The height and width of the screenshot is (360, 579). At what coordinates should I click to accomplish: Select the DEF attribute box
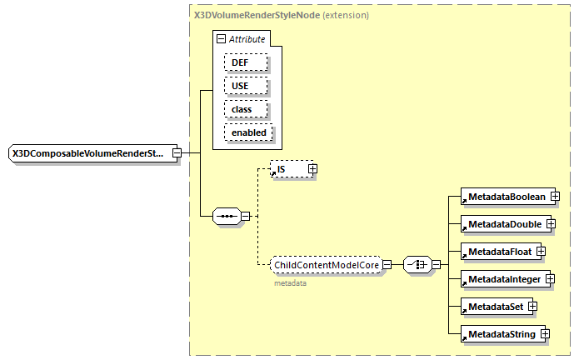click(245, 62)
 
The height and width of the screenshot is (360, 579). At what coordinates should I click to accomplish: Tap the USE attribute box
click(245, 86)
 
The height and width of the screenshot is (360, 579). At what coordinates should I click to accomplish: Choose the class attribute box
click(245, 109)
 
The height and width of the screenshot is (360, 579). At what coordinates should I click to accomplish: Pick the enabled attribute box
click(248, 132)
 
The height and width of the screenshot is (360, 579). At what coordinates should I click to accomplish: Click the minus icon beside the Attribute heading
click(221, 39)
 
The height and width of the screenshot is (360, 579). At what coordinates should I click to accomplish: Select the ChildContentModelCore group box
click(326, 265)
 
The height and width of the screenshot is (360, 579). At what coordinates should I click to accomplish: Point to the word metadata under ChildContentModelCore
click(290, 283)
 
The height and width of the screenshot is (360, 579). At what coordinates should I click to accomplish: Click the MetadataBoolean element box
click(505, 197)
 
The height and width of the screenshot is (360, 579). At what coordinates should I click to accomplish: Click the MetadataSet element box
click(494, 307)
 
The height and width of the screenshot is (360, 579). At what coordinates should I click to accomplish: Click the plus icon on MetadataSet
click(532, 307)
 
